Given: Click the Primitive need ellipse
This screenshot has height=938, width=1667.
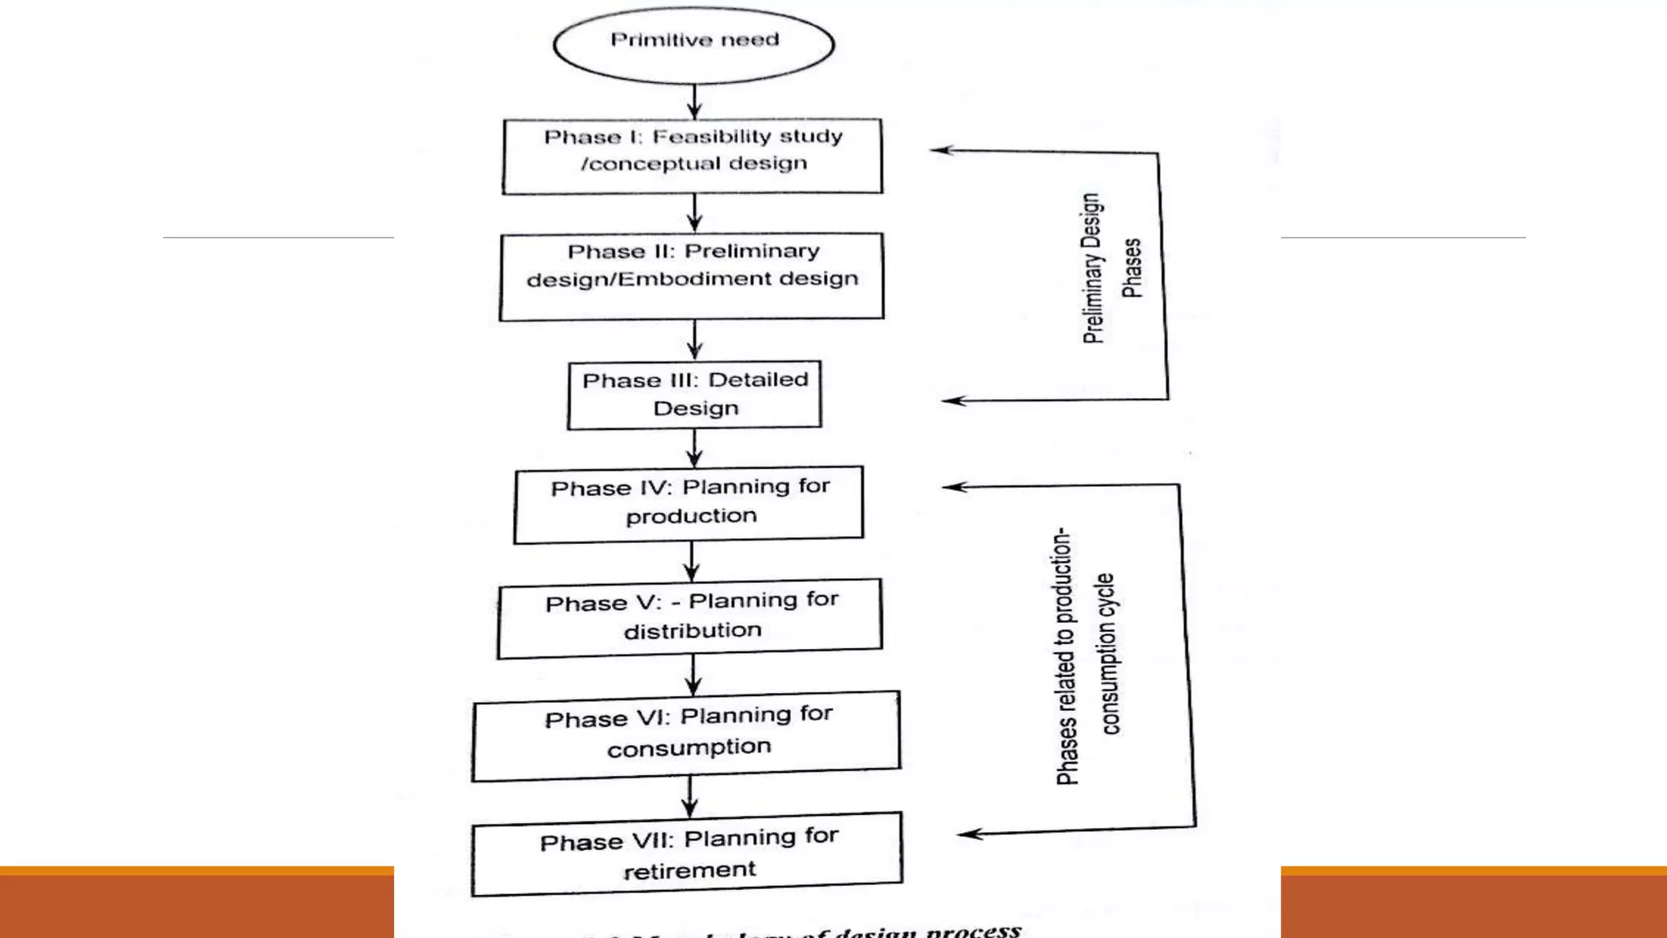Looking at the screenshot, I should pyautogui.click(x=693, y=44).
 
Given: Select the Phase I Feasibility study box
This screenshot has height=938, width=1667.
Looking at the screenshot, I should pyautogui.click(x=693, y=156).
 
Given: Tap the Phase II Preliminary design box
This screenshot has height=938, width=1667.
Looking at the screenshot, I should pyautogui.click(x=692, y=277).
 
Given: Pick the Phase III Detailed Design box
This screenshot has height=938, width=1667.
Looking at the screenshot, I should pyautogui.click(x=694, y=395).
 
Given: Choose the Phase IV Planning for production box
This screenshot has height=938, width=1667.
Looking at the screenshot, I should pyautogui.click(x=689, y=504).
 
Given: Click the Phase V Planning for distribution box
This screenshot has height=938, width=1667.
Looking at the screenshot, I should pyautogui.click(x=690, y=618).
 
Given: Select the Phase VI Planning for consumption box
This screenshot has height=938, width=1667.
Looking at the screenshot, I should pyautogui.click(x=687, y=735).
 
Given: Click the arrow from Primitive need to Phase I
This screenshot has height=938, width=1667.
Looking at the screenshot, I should pyautogui.click(x=694, y=102).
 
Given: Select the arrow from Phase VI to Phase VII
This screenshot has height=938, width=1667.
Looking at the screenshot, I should pyautogui.click(x=690, y=796).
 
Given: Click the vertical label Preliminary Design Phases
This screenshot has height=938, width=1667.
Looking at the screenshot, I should pyautogui.click(x=1111, y=269).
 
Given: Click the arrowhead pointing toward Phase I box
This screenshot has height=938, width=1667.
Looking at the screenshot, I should pyautogui.click(x=942, y=150).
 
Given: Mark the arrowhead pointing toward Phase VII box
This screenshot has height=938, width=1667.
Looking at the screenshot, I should pyautogui.click(x=969, y=834).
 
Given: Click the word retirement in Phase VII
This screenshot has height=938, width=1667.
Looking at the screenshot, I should pyautogui.click(x=689, y=870).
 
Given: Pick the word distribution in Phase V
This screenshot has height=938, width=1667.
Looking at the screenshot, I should pyautogui.click(x=693, y=631).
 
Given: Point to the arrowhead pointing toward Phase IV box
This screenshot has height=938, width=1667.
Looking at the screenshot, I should pyautogui.click(x=954, y=487).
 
